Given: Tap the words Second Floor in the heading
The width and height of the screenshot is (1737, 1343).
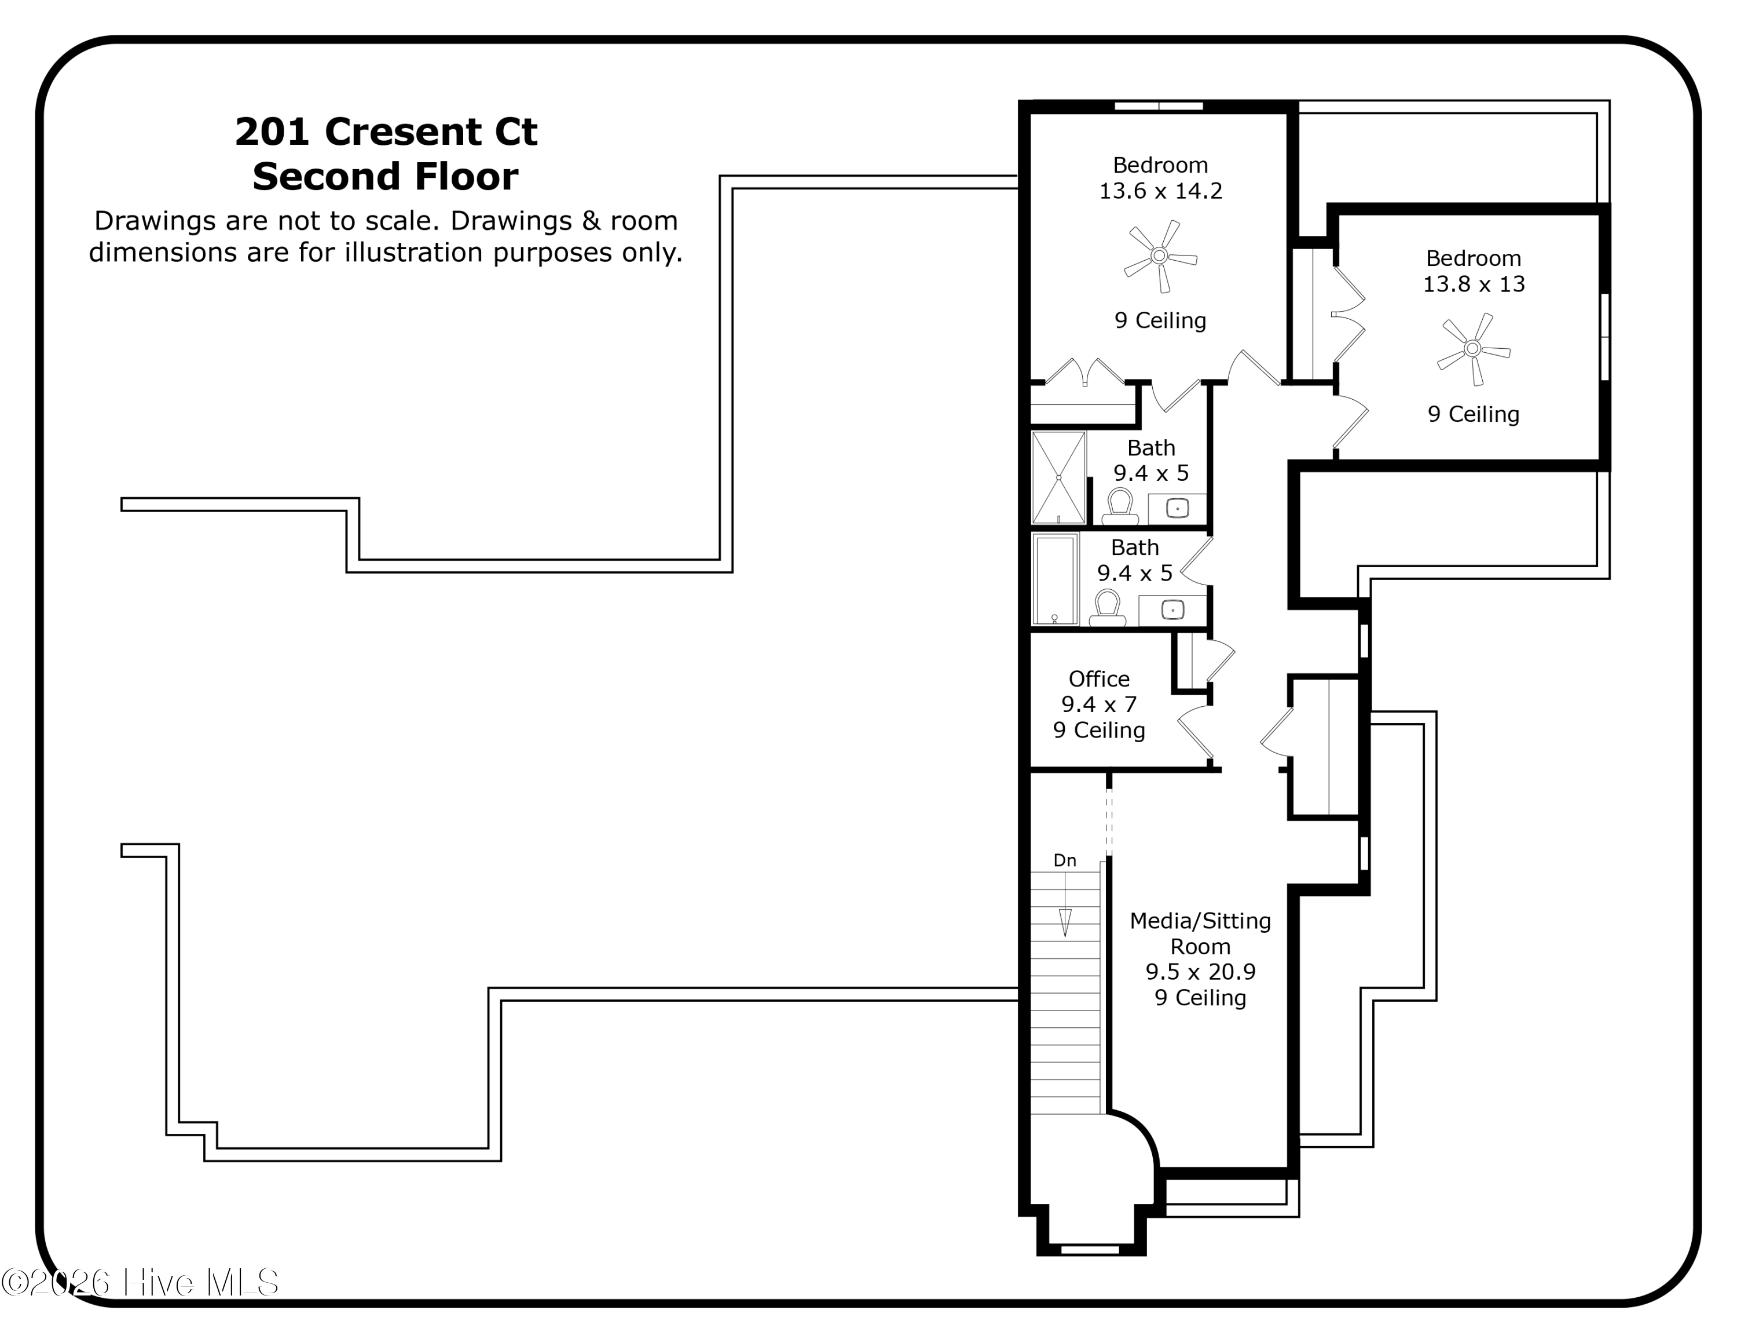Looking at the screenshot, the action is [x=386, y=177].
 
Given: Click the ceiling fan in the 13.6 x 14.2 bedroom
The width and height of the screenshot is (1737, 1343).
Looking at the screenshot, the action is [x=1160, y=256].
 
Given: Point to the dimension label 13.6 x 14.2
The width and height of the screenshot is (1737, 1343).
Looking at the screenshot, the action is [x=1160, y=191].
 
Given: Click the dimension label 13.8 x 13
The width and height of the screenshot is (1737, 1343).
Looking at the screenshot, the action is [x=1474, y=284].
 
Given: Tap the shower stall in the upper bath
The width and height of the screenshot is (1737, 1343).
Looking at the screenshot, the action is [x=1058, y=477].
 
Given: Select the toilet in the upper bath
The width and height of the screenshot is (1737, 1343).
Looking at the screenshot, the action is [x=1120, y=507].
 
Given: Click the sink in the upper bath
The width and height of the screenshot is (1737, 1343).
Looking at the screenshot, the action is [x=1177, y=508].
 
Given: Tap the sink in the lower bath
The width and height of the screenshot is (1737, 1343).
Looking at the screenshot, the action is [x=1172, y=610].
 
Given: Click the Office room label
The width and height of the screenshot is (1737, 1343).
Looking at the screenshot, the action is [x=1099, y=678].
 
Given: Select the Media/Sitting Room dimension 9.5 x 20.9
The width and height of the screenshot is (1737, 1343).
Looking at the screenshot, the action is [x=1200, y=972].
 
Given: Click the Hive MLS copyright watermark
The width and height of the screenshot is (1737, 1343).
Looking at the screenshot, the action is [x=140, y=1283].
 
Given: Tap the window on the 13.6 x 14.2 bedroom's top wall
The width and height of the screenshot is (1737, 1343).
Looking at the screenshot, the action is [x=1159, y=106].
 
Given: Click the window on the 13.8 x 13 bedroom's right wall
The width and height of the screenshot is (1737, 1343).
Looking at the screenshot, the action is [x=1605, y=337].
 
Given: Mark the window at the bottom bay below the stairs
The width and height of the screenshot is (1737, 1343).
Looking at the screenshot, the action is [x=1090, y=1250].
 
